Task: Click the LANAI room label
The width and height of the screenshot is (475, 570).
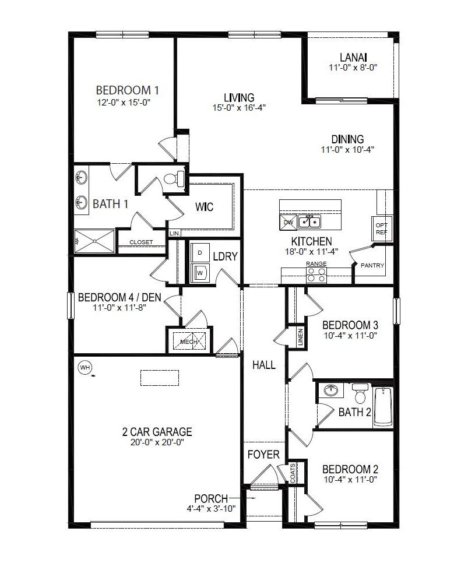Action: pyautogui.click(x=353, y=57)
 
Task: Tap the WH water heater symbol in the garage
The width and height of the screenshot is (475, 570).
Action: pyautogui.click(x=85, y=367)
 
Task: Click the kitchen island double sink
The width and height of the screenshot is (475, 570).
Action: pyautogui.click(x=309, y=221)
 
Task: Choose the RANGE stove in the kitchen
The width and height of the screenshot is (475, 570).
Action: pyautogui.click(x=316, y=275)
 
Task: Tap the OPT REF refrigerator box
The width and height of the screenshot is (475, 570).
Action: pyautogui.click(x=382, y=228)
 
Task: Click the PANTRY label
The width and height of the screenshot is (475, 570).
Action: pyautogui.click(x=372, y=265)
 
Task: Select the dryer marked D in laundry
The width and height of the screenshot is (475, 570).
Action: pyautogui.click(x=199, y=252)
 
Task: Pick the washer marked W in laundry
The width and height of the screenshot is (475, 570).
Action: pyautogui.click(x=199, y=272)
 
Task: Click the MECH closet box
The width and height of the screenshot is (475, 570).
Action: pyautogui.click(x=188, y=342)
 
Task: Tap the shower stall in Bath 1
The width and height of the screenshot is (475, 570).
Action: pyautogui.click(x=94, y=240)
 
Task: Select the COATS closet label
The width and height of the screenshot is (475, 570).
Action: pyautogui.click(x=293, y=473)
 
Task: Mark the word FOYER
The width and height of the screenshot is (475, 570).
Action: pyautogui.click(x=263, y=454)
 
